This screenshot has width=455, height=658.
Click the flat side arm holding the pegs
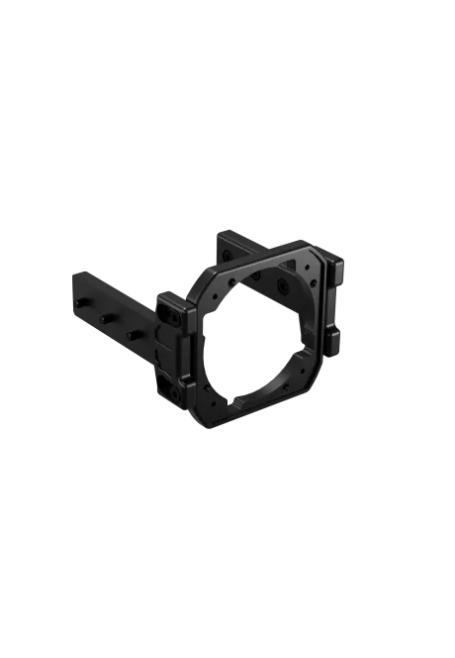coord(109,297)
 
